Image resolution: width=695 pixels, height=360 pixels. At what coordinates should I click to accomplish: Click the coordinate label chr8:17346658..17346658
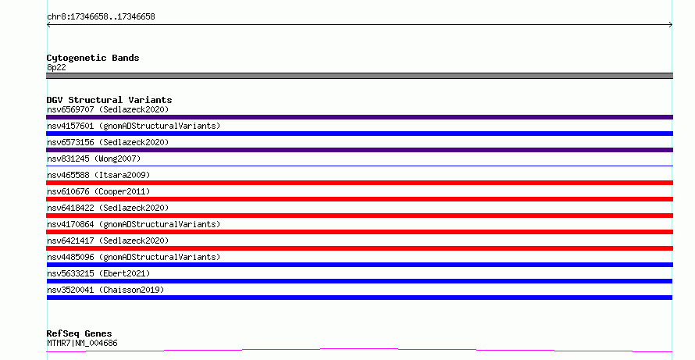coord(101,17)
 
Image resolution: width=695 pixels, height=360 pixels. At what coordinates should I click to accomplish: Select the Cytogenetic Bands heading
coord(93,58)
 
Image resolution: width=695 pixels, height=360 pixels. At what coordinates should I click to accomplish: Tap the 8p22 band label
coord(56,67)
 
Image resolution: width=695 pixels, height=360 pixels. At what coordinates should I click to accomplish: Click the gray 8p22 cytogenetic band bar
coord(359,76)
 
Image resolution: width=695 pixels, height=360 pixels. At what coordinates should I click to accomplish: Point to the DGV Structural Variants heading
coord(109,100)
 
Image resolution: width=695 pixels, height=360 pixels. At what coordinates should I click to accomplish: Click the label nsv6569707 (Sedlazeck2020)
coord(108,109)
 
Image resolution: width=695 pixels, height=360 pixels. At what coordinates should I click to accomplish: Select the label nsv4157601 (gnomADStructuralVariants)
coord(134,126)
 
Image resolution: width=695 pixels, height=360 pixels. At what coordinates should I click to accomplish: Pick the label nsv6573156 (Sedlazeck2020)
coord(108,142)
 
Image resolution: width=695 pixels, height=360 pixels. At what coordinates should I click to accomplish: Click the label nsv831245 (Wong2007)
coord(94,159)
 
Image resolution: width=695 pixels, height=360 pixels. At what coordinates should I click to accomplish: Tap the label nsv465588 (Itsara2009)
coord(98,175)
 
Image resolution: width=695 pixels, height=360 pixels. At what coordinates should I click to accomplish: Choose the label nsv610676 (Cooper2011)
coord(98,191)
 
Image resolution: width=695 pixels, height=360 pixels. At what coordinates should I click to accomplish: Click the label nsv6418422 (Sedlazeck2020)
coord(108,208)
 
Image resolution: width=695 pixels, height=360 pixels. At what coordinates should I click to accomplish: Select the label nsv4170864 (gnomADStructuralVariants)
coord(134,224)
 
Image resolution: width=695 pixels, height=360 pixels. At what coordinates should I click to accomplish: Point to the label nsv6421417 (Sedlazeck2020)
coord(108,241)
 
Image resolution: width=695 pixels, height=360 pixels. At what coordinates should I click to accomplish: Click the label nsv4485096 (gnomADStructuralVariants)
coord(134,257)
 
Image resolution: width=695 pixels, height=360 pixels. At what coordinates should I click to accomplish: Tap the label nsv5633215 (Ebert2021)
coord(98,273)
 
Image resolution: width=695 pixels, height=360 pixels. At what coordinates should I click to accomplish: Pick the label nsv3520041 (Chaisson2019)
coord(105,290)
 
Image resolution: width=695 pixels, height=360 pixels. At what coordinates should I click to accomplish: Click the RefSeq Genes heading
coord(79,333)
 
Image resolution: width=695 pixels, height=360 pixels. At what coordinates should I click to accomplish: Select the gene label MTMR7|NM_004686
coord(82,343)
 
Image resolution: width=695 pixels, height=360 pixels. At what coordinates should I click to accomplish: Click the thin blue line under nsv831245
coord(359,166)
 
